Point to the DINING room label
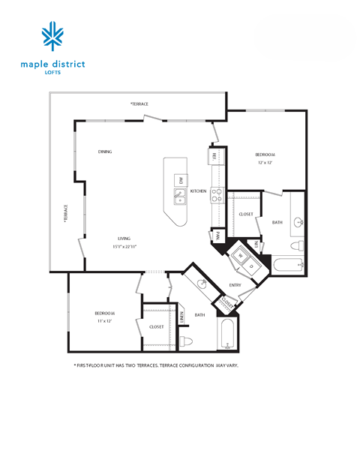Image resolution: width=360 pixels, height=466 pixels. tap(105, 152)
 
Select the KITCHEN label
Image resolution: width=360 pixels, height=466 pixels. tap(198, 191)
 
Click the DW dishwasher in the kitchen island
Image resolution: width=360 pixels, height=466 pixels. tap(181, 179)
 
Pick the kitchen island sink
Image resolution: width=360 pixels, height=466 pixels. tap(180, 197)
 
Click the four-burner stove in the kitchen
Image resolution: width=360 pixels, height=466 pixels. tap(216, 195)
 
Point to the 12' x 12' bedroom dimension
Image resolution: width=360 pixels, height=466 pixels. tap(265, 163)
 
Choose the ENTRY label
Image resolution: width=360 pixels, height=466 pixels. tap(235, 285)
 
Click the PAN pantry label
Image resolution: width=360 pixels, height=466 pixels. tap(216, 235)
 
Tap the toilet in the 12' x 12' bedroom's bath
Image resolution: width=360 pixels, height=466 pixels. tap(297, 245)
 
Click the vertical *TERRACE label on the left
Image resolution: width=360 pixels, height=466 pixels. tap(66, 215)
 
